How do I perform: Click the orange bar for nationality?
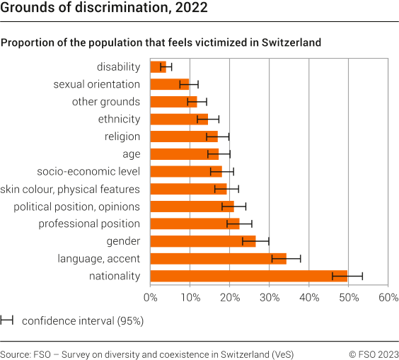248,276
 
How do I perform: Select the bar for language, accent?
218,259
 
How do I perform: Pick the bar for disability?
158,67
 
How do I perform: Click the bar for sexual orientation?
169,84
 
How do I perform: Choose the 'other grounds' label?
105,102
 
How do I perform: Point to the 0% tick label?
150,298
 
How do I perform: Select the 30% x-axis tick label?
270,298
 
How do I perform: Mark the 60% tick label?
388,298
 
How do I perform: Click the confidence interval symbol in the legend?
8,320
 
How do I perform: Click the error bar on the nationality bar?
347,276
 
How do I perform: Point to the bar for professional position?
195,223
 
